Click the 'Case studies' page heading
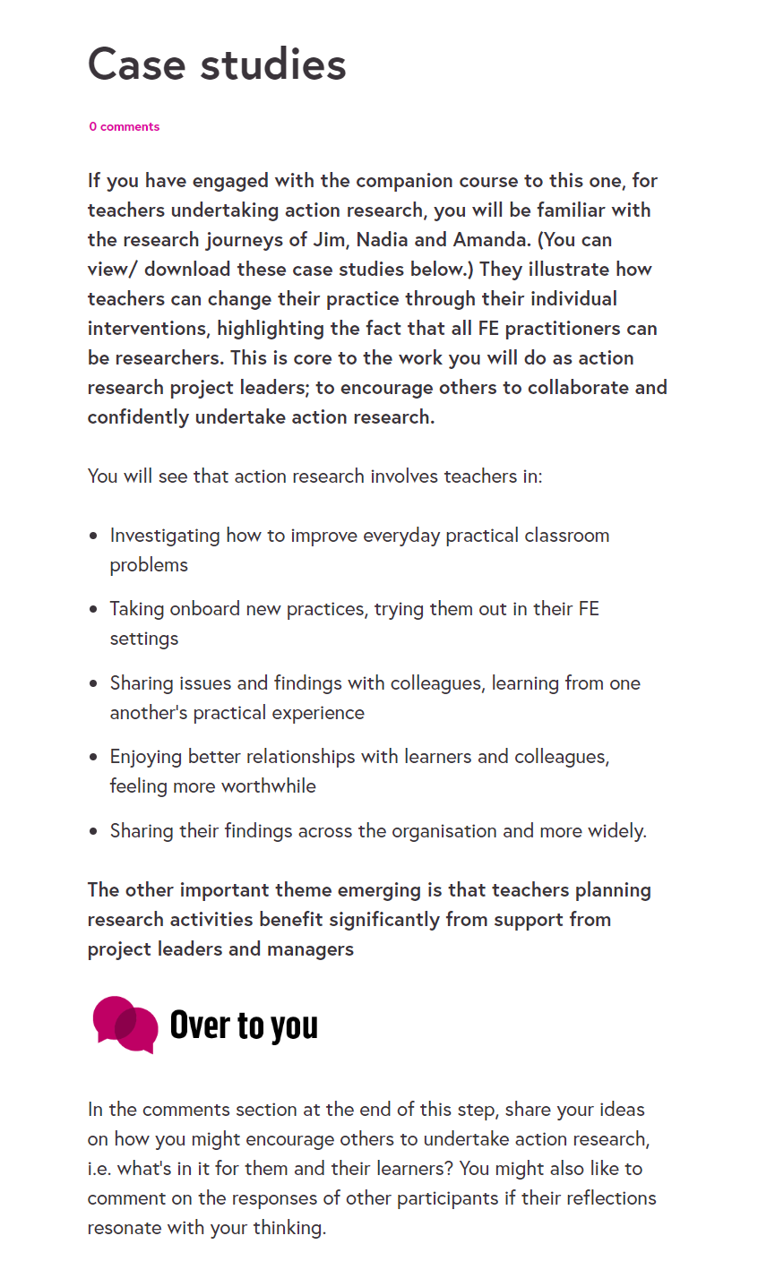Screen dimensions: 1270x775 [x=217, y=64]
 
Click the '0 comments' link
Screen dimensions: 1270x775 [x=125, y=127]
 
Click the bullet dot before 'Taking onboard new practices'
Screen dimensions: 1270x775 [x=94, y=610]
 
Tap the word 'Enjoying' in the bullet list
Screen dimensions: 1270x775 [x=146, y=758]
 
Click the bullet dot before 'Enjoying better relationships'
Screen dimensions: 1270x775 [x=94, y=758]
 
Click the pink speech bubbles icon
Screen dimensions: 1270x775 [x=125, y=1025]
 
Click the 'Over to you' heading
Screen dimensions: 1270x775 [x=244, y=1025]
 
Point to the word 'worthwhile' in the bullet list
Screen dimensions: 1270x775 [x=269, y=786]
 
